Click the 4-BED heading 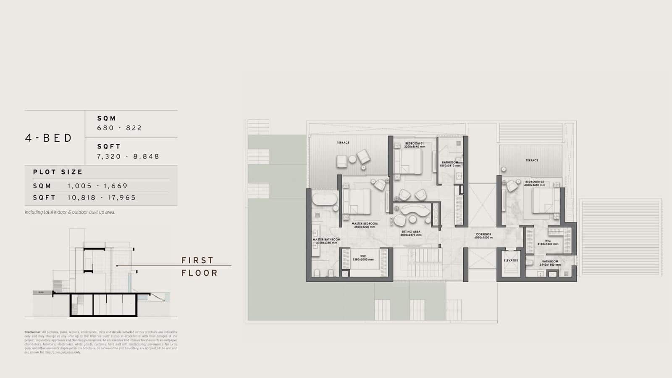click(49, 138)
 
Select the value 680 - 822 click(119, 128)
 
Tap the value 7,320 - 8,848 click(128, 156)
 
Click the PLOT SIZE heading click(58, 172)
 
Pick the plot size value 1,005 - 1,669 click(97, 186)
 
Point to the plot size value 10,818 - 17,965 click(102, 198)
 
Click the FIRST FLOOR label click(199, 267)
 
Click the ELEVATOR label click(511, 261)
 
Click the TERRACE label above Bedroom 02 click(532, 160)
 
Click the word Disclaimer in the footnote click(32, 332)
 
